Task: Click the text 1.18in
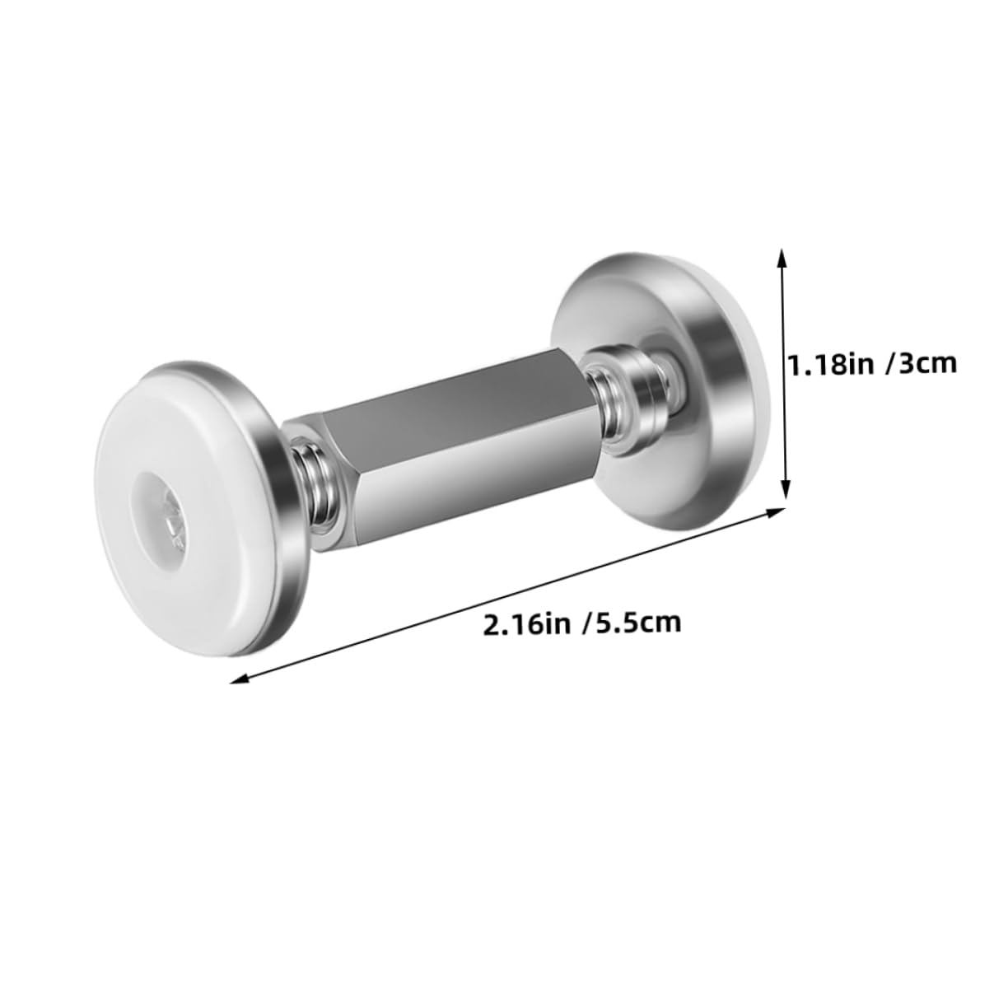[835, 362]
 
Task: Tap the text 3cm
[928, 362]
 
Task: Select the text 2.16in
[527, 623]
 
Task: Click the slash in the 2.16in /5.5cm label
[584, 623]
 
